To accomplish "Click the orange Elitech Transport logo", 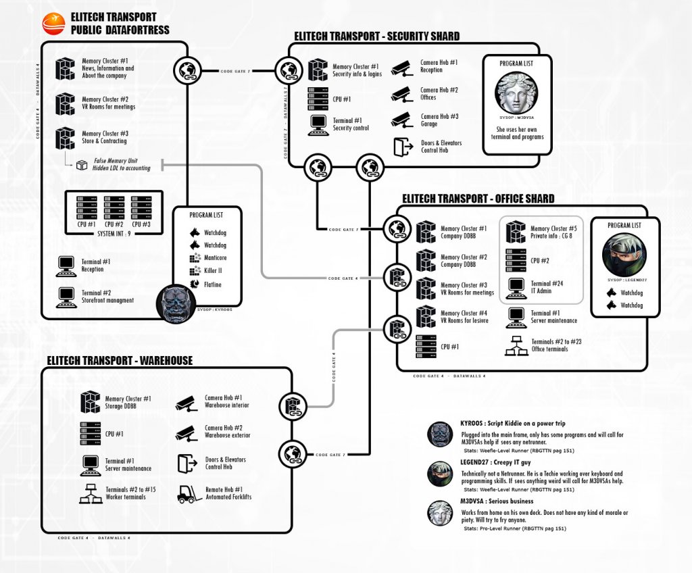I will (x=53, y=23).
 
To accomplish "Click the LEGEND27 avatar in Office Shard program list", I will (x=624, y=255).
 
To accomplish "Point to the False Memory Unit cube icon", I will (x=82, y=164).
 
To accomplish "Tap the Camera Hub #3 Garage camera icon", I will (x=401, y=120).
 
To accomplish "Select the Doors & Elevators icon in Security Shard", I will (x=403, y=147).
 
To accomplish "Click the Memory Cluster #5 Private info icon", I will (x=516, y=232).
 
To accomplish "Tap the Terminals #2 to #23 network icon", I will (x=516, y=346).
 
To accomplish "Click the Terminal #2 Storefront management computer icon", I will (x=66, y=297).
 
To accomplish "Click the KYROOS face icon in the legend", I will (x=439, y=434).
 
